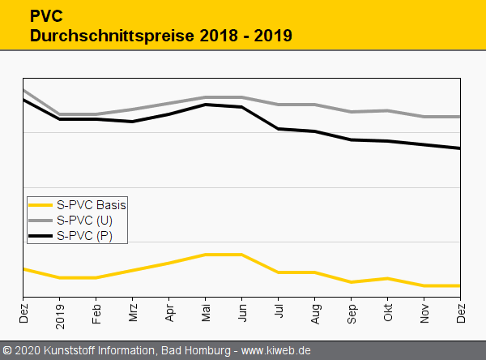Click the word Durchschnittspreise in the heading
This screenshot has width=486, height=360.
pyautogui.click(x=92, y=36)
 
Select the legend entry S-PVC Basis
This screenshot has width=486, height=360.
pyautogui.click(x=91, y=205)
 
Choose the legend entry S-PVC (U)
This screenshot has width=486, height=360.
pyautogui.click(x=84, y=221)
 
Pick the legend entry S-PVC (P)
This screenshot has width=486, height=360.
pyautogui.click(x=84, y=236)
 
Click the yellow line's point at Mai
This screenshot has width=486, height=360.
pyautogui.click(x=206, y=255)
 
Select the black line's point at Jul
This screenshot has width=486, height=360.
pyautogui.click(x=279, y=129)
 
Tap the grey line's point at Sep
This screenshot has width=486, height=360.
pyautogui.click(x=352, y=112)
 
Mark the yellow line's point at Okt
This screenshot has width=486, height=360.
pyautogui.click(x=388, y=279)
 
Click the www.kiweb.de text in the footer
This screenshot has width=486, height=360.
pyautogui.click(x=276, y=351)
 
